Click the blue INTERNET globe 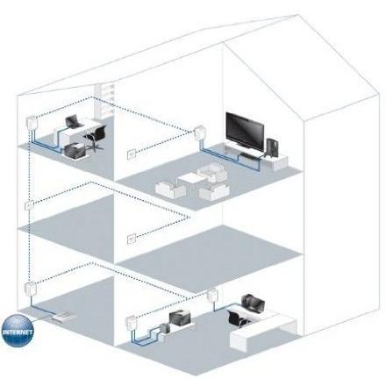18,331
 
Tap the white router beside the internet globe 64,318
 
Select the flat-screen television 245,132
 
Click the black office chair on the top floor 95,137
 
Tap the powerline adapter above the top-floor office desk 30,121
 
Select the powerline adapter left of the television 199,132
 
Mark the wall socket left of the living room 132,154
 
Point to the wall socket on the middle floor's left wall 29,206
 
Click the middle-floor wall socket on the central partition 132,239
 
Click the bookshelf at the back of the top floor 104,102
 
